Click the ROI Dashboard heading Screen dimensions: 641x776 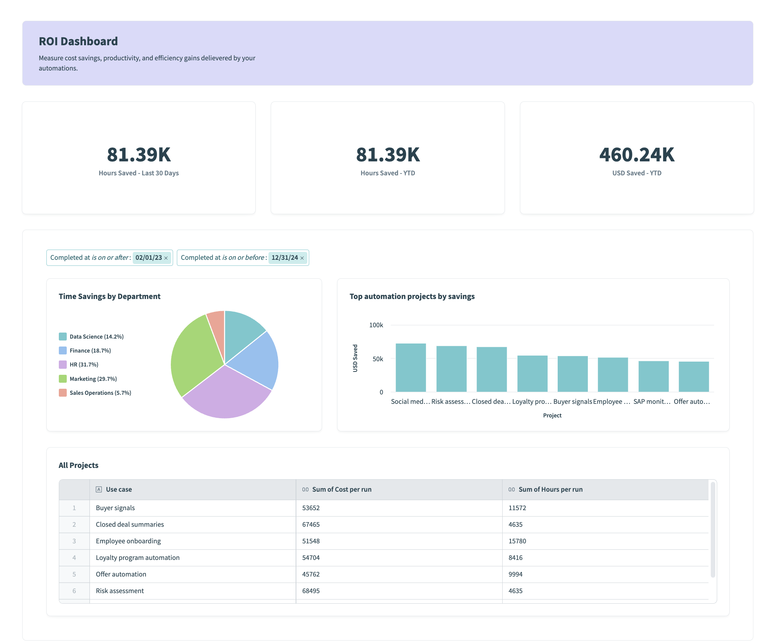[78, 41]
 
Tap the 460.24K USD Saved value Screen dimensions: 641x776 [636, 155]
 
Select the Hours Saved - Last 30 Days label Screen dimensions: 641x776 [138, 173]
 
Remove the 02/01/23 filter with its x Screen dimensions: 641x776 [166, 258]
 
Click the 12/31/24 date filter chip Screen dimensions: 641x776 [285, 258]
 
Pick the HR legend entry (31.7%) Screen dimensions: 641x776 [84, 365]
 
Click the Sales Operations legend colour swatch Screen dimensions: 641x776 [63, 393]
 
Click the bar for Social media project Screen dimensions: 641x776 [411, 368]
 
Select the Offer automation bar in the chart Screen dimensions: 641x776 [693, 377]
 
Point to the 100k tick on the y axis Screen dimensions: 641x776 [376, 325]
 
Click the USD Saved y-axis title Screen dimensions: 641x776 [355, 358]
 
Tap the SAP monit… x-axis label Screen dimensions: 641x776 [652, 402]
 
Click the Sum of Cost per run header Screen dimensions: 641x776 [342, 489]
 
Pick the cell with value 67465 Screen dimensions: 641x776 [311, 524]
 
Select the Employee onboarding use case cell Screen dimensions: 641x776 [128, 541]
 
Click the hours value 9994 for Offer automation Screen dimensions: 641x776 [515, 574]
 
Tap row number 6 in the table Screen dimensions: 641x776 [74, 591]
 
